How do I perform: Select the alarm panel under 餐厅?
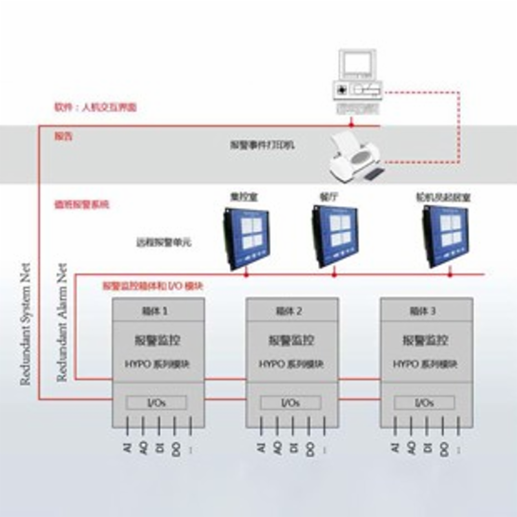(334, 237)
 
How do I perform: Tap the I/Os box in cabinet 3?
(424, 403)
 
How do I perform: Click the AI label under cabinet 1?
(127, 448)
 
